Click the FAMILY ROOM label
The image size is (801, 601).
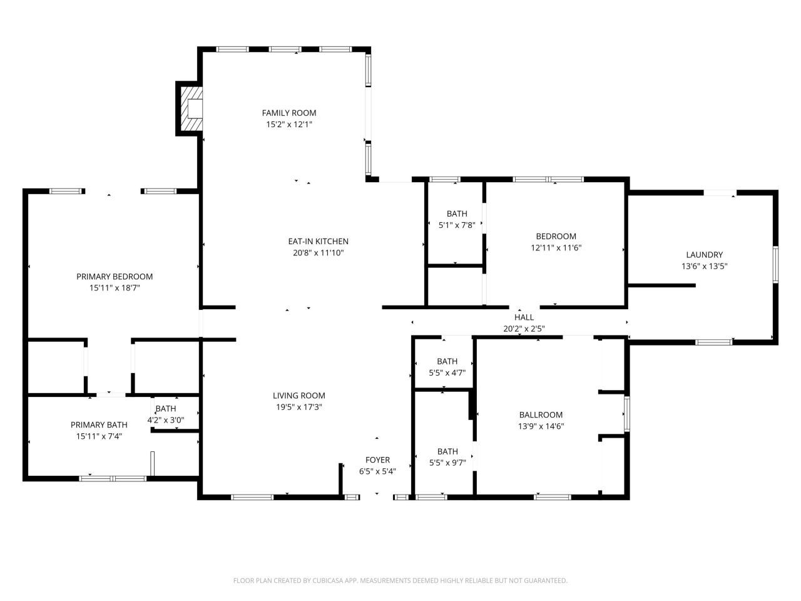tap(288, 113)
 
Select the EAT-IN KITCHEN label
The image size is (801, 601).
tap(318, 241)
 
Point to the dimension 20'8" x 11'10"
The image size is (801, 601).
tap(318, 253)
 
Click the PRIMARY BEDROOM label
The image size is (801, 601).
tap(115, 276)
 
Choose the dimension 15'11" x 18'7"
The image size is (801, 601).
tap(115, 288)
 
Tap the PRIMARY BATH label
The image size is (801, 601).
tap(99, 424)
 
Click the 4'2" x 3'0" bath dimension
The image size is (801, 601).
tap(166, 420)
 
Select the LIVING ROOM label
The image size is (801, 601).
tap(299, 395)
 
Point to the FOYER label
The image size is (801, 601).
tap(377, 460)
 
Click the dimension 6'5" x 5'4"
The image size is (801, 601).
tap(377, 471)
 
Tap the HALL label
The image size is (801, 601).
tap(524, 317)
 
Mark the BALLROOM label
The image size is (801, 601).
tap(541, 414)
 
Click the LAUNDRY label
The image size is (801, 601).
tap(704, 254)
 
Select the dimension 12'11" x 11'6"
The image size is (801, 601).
tap(556, 248)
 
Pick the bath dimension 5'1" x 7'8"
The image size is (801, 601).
tap(457, 225)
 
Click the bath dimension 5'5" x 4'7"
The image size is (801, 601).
tap(447, 372)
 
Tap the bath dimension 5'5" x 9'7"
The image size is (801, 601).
tap(447, 463)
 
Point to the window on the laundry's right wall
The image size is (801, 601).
tap(775, 264)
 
